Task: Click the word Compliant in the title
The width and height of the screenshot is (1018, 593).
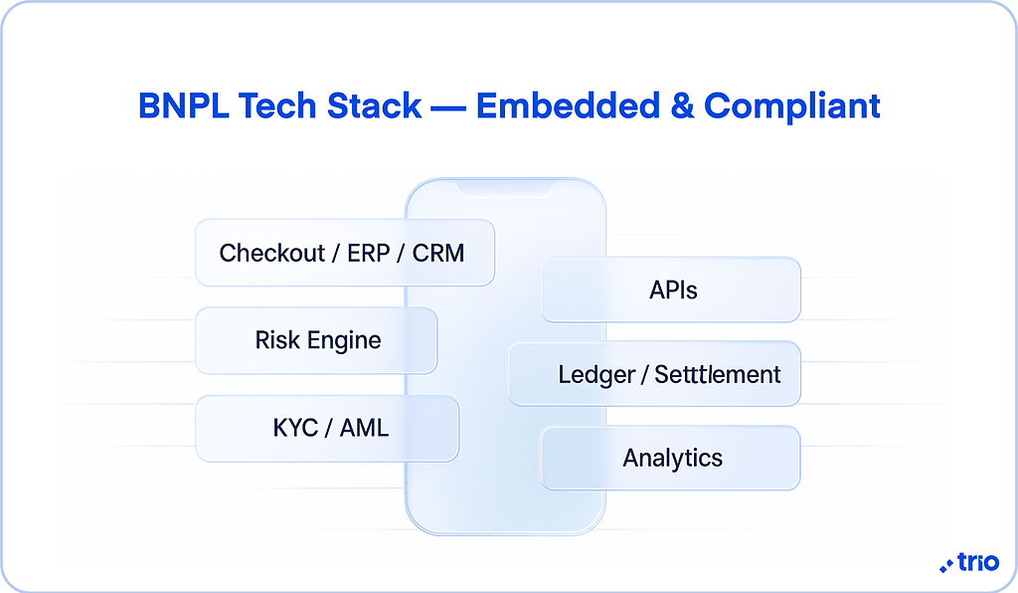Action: [792, 106]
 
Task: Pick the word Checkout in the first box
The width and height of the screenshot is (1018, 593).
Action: [272, 253]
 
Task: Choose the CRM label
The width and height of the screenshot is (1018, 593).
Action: [438, 253]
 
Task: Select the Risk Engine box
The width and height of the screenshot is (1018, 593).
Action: [316, 340]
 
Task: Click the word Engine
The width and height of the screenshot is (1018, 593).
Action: [344, 340]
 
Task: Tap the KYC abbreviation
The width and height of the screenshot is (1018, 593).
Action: [295, 429]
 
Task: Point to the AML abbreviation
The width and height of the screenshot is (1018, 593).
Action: [365, 429]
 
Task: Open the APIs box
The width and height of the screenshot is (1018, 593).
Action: [671, 290]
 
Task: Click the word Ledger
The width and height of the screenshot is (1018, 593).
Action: [592, 375]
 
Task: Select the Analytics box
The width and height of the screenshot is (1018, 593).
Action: [671, 459]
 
